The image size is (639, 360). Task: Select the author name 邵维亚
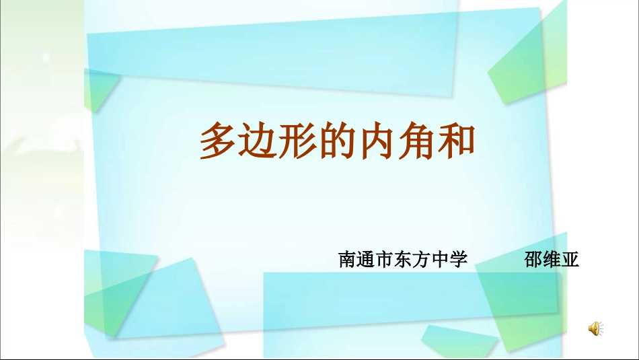coord(552,260)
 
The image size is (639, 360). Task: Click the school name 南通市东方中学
coord(403,260)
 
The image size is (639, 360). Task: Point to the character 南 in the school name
coord(348,260)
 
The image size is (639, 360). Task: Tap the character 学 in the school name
coord(459,260)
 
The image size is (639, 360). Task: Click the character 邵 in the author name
coord(533,260)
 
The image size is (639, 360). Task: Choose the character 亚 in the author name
coord(570,260)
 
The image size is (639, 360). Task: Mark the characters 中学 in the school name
coord(449,260)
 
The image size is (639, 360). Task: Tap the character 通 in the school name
coord(366,260)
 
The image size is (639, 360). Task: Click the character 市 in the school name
coord(385,260)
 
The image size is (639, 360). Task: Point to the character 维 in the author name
coord(552,260)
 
